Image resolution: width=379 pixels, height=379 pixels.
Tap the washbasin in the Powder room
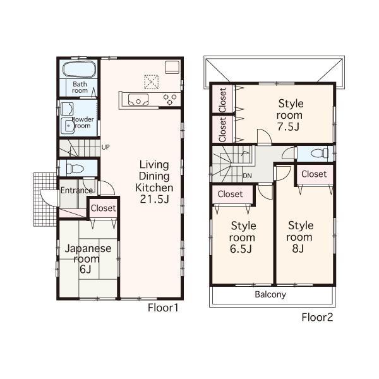click(67, 124)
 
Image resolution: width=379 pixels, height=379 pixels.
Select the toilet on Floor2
click(319, 153)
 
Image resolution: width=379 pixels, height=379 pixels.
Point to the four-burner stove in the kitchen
click(171, 98)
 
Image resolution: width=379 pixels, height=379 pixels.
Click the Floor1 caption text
click(164, 308)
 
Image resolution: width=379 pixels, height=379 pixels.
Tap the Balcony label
click(270, 294)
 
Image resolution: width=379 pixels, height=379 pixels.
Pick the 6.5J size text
click(243, 249)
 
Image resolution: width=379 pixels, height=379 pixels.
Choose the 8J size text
click(301, 248)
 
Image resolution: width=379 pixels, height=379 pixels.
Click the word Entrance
click(76, 190)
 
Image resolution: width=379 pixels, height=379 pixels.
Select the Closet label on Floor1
click(103, 208)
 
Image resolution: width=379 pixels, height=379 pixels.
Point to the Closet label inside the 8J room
click(314, 174)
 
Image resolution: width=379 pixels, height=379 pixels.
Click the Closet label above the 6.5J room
click(230, 194)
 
